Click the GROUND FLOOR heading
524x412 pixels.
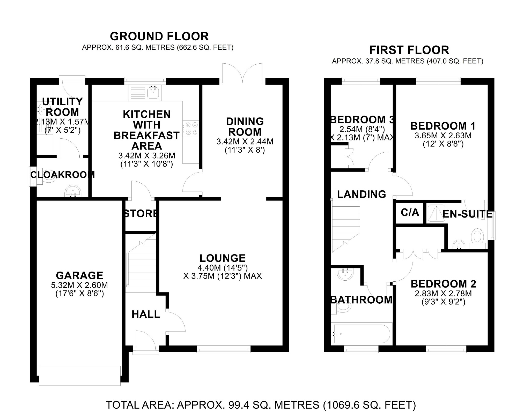coord(159,36)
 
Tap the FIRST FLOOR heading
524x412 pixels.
coord(409,50)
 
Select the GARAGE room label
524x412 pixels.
coord(79,275)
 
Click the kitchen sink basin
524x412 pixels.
coord(153,93)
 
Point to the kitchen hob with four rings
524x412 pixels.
coord(190,129)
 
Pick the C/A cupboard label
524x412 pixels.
coord(410,212)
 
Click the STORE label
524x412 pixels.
coord(141,214)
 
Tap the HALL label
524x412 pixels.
coord(146,314)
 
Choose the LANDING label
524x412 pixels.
coord(361,194)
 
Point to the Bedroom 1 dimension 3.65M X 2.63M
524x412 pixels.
coord(443,136)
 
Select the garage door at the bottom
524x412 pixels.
coord(80,376)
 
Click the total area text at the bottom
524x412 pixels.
coord(261,405)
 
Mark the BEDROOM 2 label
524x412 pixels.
coord(443,284)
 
